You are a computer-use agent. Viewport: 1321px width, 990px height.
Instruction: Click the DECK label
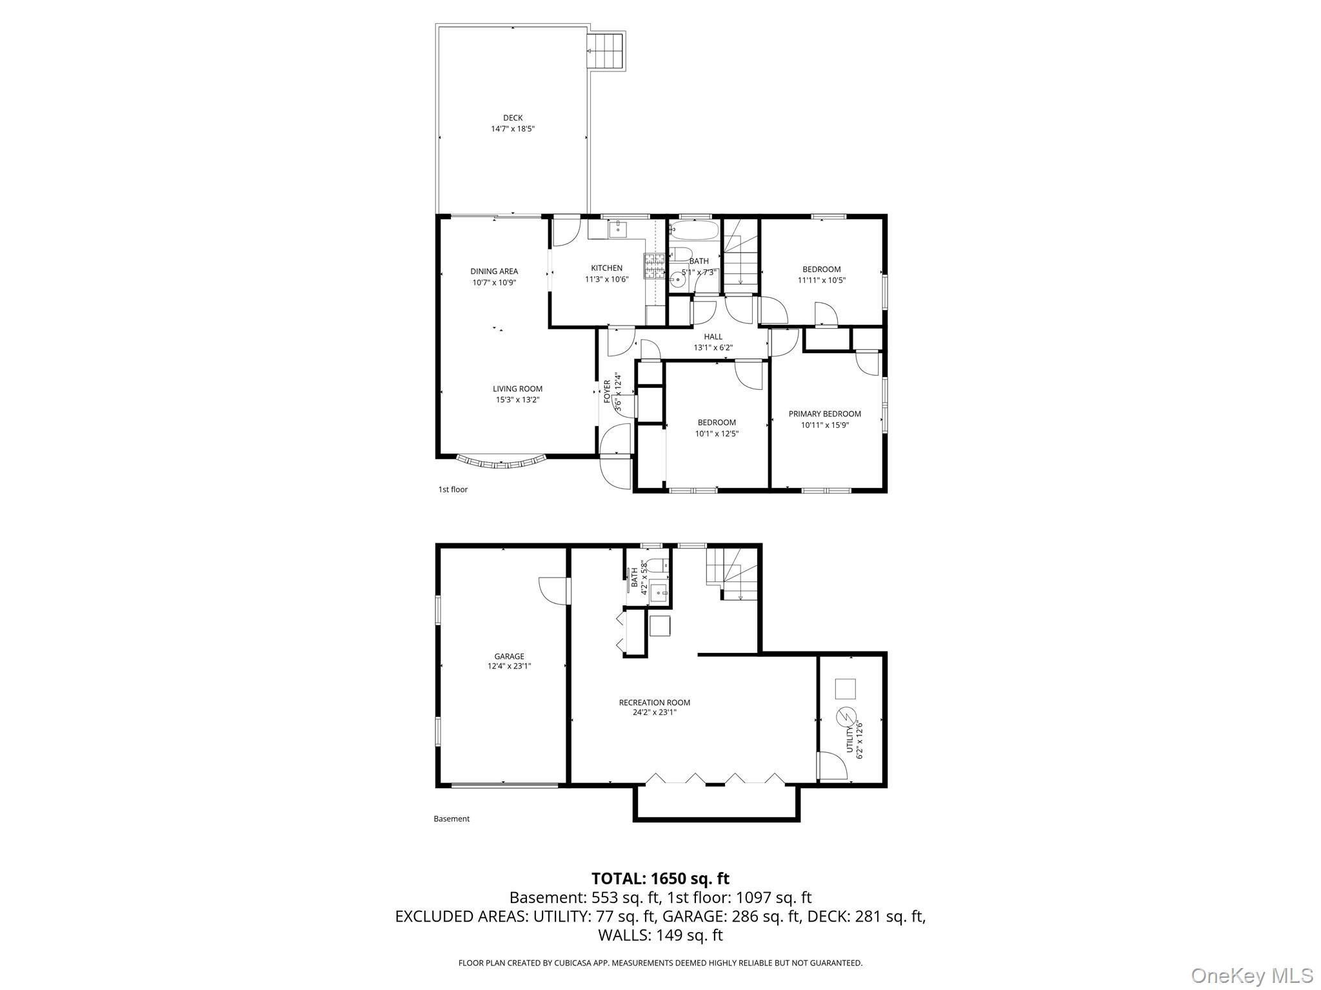513,118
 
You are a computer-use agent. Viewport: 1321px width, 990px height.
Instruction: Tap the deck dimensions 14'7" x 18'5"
513,129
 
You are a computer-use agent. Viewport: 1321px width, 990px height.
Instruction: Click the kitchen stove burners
653,266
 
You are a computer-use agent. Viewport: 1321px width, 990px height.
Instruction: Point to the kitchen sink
618,228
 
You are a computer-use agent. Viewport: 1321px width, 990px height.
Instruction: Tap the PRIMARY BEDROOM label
824,414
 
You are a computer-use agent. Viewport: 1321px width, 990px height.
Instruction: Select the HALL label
713,336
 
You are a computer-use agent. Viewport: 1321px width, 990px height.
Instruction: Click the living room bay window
501,461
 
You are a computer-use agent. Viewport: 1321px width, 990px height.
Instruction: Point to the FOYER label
607,392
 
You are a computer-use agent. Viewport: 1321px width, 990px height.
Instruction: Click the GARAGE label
509,656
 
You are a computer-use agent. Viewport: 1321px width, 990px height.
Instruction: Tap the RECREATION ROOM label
654,703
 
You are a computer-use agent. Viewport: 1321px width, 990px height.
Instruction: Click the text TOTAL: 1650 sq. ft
660,878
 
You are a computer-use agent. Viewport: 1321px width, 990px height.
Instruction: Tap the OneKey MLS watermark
1251,975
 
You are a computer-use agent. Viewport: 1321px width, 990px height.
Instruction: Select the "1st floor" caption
453,489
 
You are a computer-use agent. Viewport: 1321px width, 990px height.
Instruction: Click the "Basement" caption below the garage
452,819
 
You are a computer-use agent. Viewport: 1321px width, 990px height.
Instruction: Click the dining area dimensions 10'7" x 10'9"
494,282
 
